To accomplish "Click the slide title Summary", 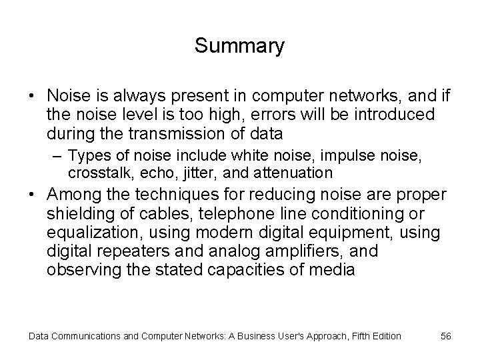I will click(x=239, y=46).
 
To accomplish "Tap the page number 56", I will click(x=446, y=336).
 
